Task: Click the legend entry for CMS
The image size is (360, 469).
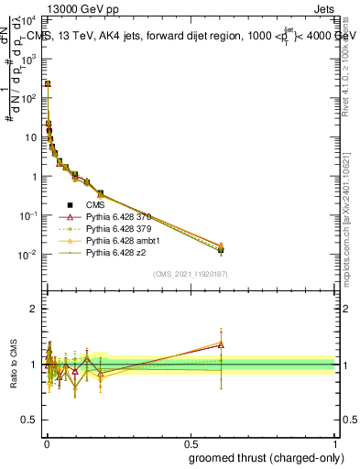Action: [x=98, y=205]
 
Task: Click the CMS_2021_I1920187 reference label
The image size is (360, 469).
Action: [x=190, y=273]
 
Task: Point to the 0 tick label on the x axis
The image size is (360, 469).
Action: [x=46, y=442]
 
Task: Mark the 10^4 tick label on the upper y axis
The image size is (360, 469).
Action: [x=30, y=19]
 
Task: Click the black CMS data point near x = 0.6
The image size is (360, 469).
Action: [x=221, y=249]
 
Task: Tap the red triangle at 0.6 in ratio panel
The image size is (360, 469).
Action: [x=221, y=345]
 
